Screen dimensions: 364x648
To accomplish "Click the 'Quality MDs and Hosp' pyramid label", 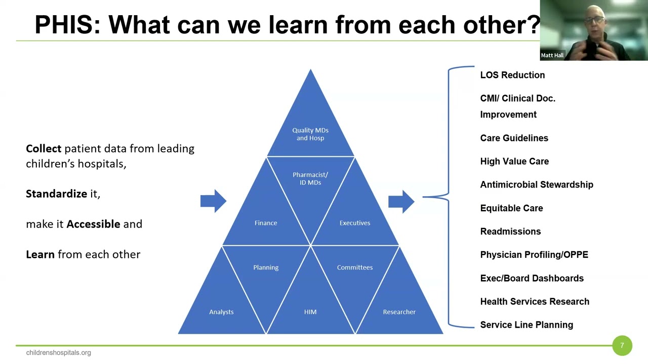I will (x=310, y=134).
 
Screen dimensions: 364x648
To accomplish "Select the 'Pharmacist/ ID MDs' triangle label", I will (x=310, y=178).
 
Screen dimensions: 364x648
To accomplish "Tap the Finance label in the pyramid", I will (x=266, y=223).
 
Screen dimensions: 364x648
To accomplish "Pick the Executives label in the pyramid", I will (x=355, y=223).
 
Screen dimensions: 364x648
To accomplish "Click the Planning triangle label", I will (x=266, y=267).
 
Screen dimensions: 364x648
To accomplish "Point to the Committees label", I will (x=355, y=267).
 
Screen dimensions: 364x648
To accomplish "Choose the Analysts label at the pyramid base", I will (x=221, y=312).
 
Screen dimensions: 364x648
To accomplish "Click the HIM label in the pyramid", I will (x=310, y=312).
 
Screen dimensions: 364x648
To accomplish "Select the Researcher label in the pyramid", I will (x=399, y=312).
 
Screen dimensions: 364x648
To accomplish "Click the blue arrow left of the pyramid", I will (x=213, y=201).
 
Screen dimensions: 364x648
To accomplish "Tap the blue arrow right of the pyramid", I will (x=401, y=201).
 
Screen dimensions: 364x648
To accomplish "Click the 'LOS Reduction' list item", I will (x=512, y=75).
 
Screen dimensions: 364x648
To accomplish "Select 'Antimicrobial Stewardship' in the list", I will (x=537, y=185).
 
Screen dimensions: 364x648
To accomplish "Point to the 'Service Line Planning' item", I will (x=526, y=325).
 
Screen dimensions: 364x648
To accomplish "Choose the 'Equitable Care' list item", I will (x=511, y=208).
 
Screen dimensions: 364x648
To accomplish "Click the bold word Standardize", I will (x=56, y=194).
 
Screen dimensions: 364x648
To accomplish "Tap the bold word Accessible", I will (x=93, y=224).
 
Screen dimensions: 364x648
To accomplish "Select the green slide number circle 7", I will (x=622, y=346).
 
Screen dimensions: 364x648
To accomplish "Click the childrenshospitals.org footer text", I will (x=59, y=353).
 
